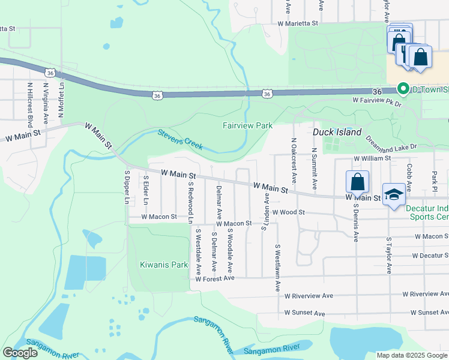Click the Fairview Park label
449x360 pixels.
(x=247, y=125)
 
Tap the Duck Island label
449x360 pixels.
(x=337, y=131)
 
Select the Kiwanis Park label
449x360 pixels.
(x=155, y=264)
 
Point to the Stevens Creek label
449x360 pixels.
(x=180, y=139)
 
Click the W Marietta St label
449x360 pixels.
(x=297, y=24)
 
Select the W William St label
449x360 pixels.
(x=372, y=158)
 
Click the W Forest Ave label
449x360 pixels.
(x=214, y=278)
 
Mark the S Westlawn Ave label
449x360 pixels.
(x=278, y=268)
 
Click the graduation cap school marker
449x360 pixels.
(x=394, y=194)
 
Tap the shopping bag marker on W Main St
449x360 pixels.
(x=357, y=181)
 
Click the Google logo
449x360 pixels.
(x=20, y=353)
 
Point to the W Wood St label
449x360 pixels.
(x=289, y=212)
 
